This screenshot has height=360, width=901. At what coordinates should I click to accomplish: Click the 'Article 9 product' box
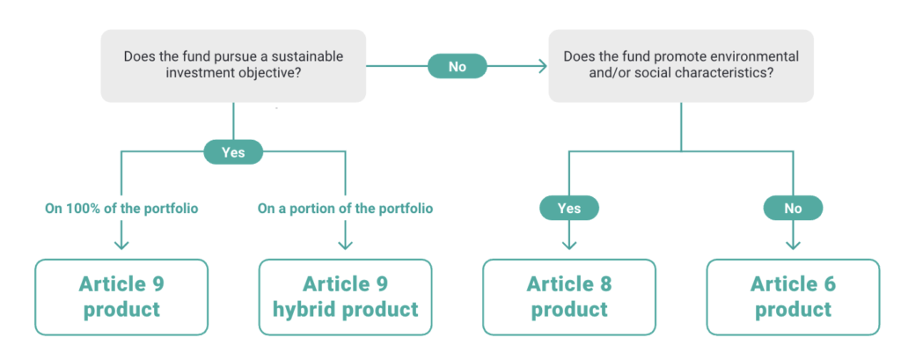point(121,297)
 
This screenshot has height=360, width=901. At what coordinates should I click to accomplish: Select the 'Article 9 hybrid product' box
point(345,297)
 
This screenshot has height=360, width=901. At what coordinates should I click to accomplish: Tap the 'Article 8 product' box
point(569,297)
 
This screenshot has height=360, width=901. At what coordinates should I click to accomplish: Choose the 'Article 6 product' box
point(793,297)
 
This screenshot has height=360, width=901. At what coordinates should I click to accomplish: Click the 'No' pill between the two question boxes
point(458,67)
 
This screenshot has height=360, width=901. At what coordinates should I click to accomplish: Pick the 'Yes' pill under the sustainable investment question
point(233,152)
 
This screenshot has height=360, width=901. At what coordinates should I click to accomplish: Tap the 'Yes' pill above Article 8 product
point(569,209)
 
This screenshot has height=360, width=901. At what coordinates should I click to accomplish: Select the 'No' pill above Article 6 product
point(793,209)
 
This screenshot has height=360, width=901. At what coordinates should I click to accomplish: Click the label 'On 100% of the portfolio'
point(121,209)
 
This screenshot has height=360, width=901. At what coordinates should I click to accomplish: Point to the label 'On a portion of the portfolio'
point(345,209)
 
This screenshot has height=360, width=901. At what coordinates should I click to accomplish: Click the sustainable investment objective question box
point(233,65)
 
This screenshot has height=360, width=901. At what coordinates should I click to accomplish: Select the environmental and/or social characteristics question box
point(681,65)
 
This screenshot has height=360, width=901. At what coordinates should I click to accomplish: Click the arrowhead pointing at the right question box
point(541,67)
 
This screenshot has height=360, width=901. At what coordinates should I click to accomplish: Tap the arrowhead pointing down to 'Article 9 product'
point(121,245)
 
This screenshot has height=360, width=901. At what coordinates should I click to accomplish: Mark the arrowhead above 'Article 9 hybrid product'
point(345,245)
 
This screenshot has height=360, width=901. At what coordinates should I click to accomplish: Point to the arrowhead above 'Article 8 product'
point(569,245)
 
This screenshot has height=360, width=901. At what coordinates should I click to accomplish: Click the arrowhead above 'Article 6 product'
point(793,245)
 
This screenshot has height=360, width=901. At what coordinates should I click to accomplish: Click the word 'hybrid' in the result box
point(304,311)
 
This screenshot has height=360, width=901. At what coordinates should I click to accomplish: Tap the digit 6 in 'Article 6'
point(829,284)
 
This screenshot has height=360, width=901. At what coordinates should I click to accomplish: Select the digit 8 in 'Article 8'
point(605,284)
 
